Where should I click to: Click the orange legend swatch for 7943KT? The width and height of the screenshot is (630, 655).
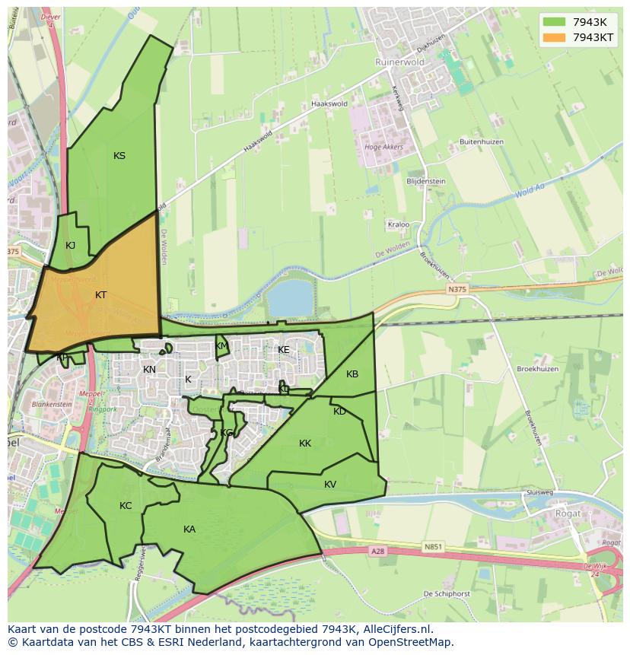tap(554, 37)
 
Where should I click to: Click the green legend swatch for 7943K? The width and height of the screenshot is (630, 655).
tap(554, 21)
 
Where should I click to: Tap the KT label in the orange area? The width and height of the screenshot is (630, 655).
tap(101, 295)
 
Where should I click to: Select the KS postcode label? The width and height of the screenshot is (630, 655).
tap(119, 156)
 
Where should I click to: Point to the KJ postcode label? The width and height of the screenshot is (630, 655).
tap(70, 245)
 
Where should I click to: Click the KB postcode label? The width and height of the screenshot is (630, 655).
tap(352, 374)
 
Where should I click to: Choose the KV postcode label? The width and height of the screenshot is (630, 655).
tap(330, 485)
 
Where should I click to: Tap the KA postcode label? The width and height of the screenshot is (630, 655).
tap(189, 529)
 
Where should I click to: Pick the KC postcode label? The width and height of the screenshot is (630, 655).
tap(126, 506)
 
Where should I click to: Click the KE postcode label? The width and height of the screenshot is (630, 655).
tap(284, 350)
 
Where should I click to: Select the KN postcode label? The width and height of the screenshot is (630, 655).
tap(149, 370)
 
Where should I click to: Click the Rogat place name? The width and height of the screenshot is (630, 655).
tap(567, 514)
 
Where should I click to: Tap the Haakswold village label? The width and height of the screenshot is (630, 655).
tap(329, 104)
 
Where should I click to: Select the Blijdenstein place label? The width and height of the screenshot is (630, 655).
tap(426, 182)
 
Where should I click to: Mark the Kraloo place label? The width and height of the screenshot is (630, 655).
tap(398, 225)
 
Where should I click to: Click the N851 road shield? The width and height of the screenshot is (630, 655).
tap(432, 546)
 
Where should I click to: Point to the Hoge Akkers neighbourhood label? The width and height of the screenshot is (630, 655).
tap(383, 148)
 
